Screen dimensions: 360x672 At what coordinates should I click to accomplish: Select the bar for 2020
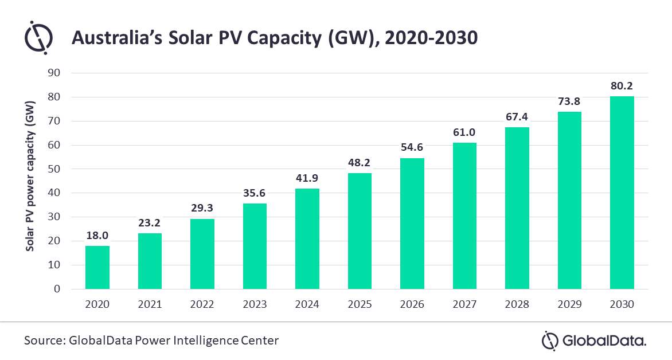point(97,267)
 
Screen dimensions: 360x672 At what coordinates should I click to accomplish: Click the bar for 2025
point(360,231)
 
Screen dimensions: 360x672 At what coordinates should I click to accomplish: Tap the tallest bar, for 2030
point(622,193)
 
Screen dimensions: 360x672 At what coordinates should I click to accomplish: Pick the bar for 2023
point(255,246)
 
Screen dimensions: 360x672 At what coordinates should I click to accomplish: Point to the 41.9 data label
point(307,178)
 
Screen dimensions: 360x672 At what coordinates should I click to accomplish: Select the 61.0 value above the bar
point(464,132)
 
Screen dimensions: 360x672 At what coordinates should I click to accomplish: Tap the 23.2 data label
point(150,223)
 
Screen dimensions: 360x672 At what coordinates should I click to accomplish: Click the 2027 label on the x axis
point(464,304)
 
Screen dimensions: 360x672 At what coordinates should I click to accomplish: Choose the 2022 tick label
point(202,304)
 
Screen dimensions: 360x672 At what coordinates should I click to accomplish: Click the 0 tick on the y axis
point(57,289)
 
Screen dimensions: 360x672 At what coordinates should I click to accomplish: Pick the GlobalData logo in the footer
point(594,341)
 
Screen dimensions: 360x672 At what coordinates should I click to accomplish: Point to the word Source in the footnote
point(44,341)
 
